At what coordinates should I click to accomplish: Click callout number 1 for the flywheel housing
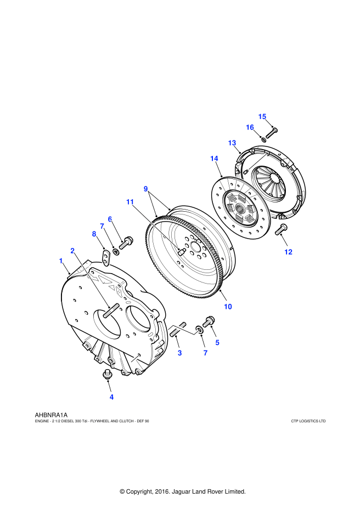[61, 262]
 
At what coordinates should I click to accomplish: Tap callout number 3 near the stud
[179, 353]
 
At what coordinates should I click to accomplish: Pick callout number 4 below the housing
[111, 396]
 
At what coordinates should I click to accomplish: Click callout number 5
[217, 342]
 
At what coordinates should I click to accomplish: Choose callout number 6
[110, 219]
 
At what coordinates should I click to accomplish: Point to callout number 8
[94, 233]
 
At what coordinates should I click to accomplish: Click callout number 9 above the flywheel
[146, 188]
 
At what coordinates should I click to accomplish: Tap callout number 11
[130, 202]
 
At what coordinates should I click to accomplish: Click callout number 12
[288, 252]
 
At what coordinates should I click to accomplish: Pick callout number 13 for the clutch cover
[232, 143]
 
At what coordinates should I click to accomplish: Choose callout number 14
[214, 159]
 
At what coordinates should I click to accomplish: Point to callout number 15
[262, 116]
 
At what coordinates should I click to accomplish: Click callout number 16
[250, 127]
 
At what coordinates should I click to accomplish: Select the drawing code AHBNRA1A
[50, 415]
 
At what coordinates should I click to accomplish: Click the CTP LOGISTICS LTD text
[308, 421]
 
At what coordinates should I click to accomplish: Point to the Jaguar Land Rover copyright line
[182, 491]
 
